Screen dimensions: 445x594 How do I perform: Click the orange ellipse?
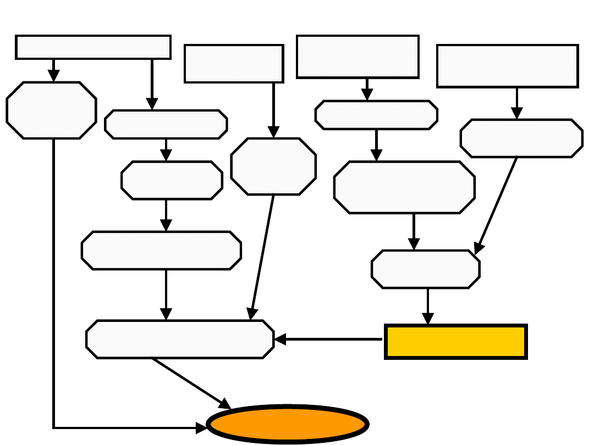click(x=287, y=424)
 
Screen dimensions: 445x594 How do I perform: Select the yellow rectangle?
click(x=456, y=342)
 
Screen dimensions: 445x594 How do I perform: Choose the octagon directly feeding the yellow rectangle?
click(x=425, y=269)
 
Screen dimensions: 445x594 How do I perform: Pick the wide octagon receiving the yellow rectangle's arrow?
click(x=180, y=339)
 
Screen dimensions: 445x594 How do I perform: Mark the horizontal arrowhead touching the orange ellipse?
click(x=202, y=427)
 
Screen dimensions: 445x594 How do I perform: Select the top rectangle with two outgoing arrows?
click(x=93, y=47)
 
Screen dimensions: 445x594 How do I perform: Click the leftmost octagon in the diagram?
click(x=51, y=110)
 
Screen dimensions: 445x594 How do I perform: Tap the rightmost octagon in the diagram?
click(x=521, y=138)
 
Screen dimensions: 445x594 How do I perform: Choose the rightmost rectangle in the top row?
click(x=507, y=66)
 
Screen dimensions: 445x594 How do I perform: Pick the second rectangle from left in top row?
click(x=234, y=64)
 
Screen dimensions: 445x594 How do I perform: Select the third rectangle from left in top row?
click(x=358, y=57)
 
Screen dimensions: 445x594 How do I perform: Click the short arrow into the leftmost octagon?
click(x=53, y=70)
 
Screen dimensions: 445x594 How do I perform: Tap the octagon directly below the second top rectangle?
click(x=273, y=166)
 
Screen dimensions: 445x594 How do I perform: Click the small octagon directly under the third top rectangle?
click(x=376, y=115)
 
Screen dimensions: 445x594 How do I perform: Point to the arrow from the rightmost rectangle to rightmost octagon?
click(x=517, y=103)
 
